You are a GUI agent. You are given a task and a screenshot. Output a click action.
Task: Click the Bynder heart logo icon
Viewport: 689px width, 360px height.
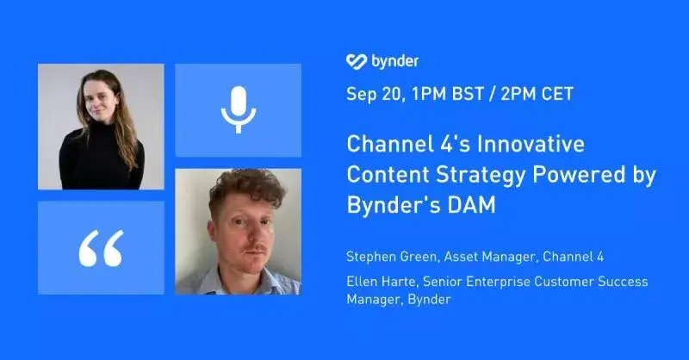coord(357,61)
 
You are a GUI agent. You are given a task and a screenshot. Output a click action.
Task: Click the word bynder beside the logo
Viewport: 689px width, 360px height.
coord(394,61)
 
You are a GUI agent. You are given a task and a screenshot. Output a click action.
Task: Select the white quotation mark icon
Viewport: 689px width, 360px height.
coord(101,248)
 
